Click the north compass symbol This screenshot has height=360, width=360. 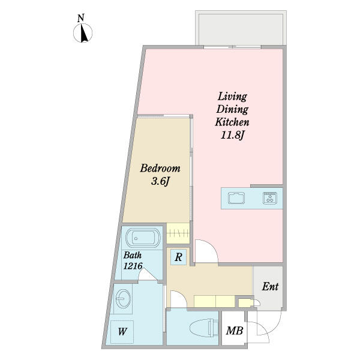tap(83, 33)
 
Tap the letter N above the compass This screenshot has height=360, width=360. tap(80, 18)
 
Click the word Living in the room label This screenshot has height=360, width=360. tap(232, 97)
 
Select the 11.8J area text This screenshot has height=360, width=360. tap(232, 135)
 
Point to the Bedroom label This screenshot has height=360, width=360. tap(160, 168)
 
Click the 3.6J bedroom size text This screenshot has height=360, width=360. tap(160, 181)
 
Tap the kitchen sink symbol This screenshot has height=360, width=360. tap(236, 198)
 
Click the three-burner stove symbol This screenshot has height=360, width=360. tap(270, 198)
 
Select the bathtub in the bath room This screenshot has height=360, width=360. tap(143, 238)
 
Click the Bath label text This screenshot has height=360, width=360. tap(133, 255)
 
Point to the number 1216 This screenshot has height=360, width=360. tap(133, 266)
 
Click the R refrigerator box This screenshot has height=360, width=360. tap(178, 257)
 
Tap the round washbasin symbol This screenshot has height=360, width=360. tap(123, 298)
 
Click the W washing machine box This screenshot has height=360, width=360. tap(122, 332)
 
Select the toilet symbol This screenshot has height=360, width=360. tap(205, 328)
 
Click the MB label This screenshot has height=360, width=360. tap(235, 331)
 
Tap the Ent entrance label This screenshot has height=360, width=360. tap(270, 287)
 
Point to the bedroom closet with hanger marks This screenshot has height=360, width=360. tap(178, 233)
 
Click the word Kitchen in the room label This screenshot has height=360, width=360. tap(232, 122)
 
